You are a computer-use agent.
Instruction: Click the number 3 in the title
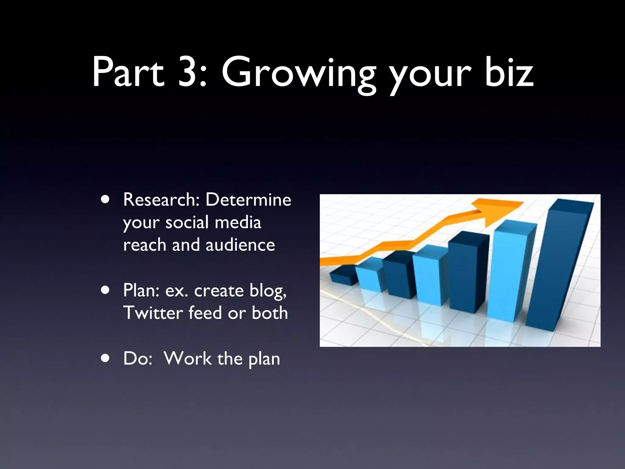point(187,72)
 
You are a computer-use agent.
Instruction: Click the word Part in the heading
point(128,72)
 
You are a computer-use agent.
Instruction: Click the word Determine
point(248,200)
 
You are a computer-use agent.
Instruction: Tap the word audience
point(240,245)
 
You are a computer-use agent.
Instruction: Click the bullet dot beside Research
point(106,200)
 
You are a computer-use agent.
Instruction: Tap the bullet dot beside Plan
point(106,290)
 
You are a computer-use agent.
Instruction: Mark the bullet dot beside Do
point(106,358)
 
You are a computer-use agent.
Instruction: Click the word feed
point(205,313)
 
